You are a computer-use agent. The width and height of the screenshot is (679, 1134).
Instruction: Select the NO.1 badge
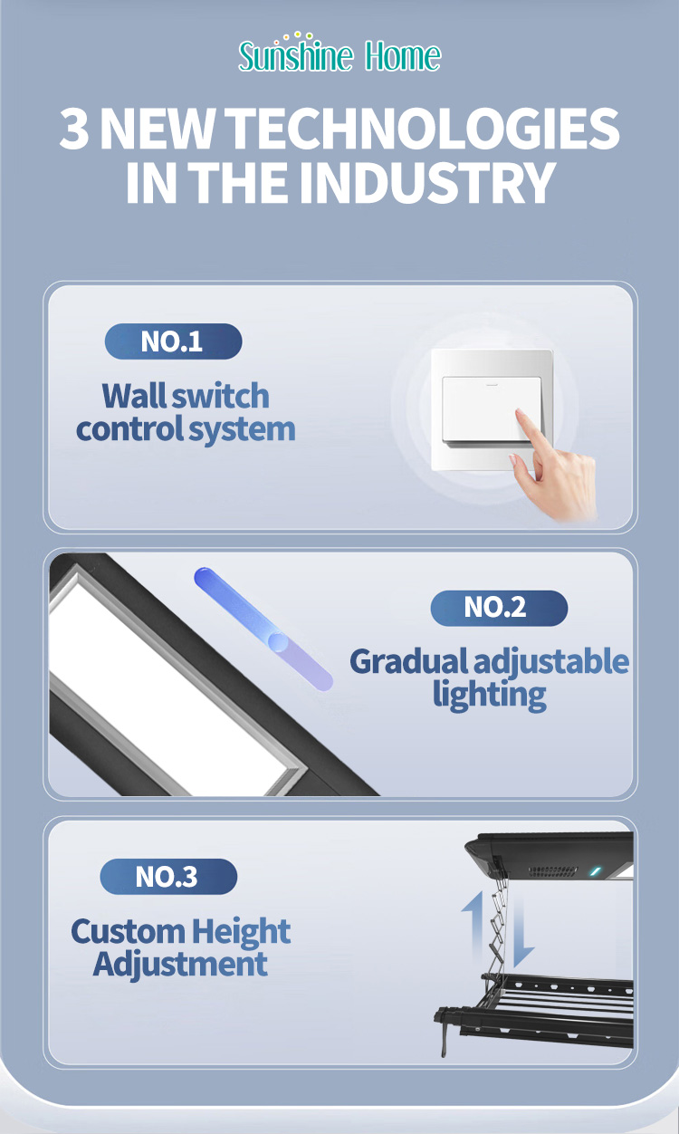[x=173, y=341]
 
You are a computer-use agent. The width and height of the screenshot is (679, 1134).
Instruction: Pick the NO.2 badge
[x=498, y=608]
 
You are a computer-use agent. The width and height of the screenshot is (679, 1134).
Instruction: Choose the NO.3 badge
[x=168, y=877]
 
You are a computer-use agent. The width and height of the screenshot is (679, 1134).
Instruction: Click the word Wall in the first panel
[x=134, y=396]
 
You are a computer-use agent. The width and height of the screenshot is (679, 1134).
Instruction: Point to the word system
[x=242, y=429]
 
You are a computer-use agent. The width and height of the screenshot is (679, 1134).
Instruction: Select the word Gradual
[x=408, y=661]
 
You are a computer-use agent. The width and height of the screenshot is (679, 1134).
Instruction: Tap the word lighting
[x=489, y=695]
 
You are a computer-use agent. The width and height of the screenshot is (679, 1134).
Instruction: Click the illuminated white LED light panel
[x=172, y=688]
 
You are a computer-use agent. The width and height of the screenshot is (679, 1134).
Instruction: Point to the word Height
[x=240, y=931]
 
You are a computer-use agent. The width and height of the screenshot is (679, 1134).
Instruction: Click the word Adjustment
[x=180, y=964]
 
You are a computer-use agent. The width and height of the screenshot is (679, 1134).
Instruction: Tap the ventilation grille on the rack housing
[x=552, y=870]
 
